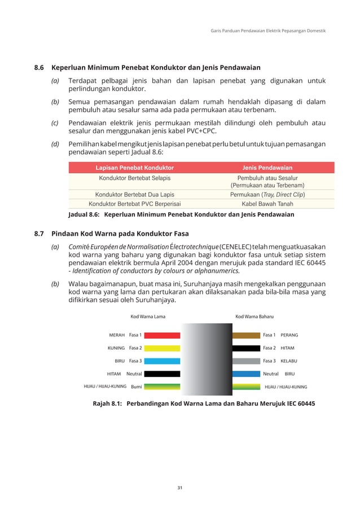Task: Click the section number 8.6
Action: tap(39, 68)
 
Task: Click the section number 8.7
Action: tap(39, 233)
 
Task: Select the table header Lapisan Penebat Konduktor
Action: tap(134, 168)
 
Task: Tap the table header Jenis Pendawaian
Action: tap(267, 168)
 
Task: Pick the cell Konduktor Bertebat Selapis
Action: tap(134, 178)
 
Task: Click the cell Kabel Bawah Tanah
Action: tap(267, 204)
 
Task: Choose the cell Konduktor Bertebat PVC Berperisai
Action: tap(134, 204)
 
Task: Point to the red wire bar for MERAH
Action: tap(162, 335)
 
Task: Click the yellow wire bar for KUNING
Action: tap(162, 348)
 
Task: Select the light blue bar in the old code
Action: tap(162, 361)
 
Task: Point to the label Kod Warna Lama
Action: tap(144, 317)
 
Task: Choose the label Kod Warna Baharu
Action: tap(254, 317)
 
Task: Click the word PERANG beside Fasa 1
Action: tap(289, 335)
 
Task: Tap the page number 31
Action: tap(180, 488)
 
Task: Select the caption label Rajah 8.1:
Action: tap(103, 404)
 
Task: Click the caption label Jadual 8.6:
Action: tap(84, 215)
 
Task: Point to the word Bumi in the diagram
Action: tap(136, 387)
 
